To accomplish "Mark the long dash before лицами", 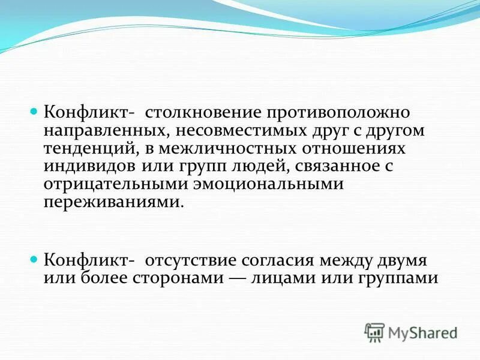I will [235, 279].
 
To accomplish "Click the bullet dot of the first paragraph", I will [34, 112].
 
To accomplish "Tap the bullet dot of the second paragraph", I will [34, 260].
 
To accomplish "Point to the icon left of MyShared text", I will [374, 332].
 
